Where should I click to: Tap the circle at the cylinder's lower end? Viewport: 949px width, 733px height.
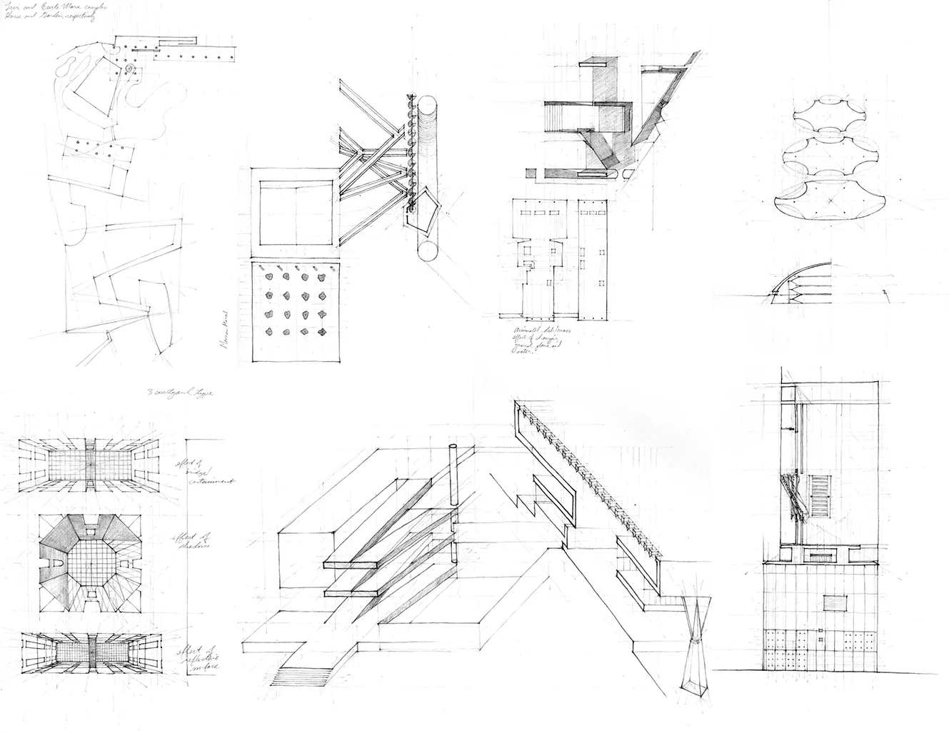[431, 253]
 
